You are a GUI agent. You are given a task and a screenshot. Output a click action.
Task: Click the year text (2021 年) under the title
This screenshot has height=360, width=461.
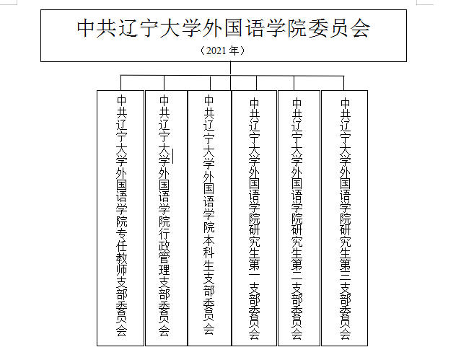(x=222, y=51)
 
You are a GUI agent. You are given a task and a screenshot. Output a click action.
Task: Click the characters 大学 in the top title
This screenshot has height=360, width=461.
(x=180, y=29)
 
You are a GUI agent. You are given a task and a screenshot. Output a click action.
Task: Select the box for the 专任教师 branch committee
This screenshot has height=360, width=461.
(x=120, y=218)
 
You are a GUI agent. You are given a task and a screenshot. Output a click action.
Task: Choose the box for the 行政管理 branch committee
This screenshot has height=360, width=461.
(x=167, y=218)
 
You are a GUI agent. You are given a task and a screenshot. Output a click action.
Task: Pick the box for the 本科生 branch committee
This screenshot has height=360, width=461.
(x=209, y=218)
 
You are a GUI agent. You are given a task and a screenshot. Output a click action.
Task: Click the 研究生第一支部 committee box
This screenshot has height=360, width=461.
(x=255, y=218)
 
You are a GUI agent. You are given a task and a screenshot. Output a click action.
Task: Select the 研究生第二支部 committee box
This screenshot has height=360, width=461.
(x=299, y=218)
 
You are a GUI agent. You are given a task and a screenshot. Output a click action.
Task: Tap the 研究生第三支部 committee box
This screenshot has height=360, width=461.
(x=345, y=218)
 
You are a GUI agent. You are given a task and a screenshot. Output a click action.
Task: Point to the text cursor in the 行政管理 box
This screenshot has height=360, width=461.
(x=173, y=156)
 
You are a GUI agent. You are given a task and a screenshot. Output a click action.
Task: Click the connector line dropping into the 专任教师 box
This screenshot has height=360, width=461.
(x=120, y=83)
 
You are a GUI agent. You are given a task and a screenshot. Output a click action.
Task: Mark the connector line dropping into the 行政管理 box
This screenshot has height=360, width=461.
(x=164, y=83)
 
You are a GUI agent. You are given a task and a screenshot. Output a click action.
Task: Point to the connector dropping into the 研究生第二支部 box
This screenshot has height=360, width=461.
(x=294, y=83)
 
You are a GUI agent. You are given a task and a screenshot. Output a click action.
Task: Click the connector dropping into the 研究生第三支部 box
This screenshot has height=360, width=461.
(x=343, y=83)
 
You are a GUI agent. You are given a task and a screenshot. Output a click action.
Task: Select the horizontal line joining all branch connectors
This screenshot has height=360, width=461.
(x=232, y=76)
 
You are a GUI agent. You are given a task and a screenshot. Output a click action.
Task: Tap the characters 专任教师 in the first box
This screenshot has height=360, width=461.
(x=121, y=251)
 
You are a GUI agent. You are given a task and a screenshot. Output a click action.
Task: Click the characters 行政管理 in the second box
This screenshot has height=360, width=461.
(x=164, y=251)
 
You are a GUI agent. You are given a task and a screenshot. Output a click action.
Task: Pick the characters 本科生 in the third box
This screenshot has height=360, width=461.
(x=209, y=253)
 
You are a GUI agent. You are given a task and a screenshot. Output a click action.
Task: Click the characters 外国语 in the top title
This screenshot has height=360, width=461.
(x=233, y=29)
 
